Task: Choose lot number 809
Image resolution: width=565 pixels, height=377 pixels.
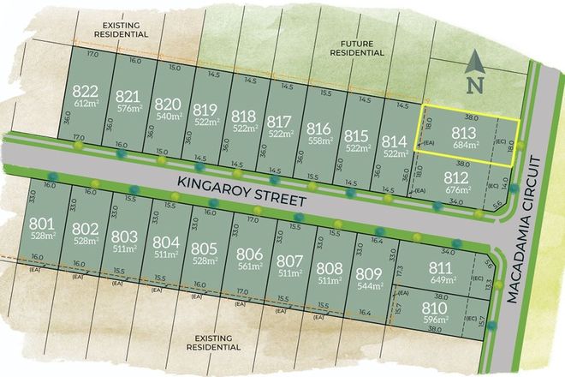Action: [366, 273]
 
